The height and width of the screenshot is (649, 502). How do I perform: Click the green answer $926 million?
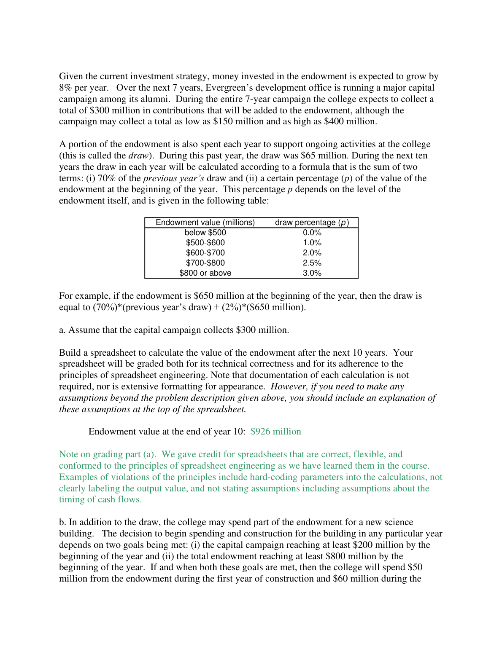(275, 432)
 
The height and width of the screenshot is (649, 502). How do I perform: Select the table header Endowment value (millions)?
(205, 223)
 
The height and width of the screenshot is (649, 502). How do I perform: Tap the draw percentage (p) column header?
(312, 223)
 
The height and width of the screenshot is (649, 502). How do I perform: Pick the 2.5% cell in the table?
(312, 263)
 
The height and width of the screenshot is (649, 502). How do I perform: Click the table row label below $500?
(205, 233)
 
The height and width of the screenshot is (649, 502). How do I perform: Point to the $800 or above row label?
(205, 273)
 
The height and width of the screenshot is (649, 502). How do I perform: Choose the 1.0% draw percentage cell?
(312, 243)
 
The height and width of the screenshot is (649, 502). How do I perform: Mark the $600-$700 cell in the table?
(205, 253)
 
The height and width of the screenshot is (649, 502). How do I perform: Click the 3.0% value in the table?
(312, 273)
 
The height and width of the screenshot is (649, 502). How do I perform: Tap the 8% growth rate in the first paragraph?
(65, 88)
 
